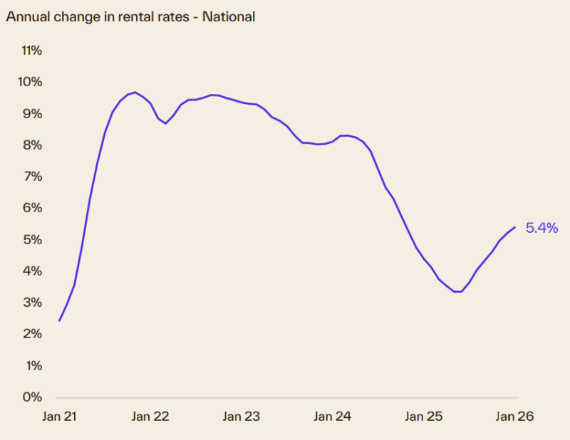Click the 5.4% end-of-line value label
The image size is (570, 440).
(x=541, y=229)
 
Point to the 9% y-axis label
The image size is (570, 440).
(x=32, y=114)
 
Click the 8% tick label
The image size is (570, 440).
(x=32, y=145)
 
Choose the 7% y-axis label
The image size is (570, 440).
(x=32, y=177)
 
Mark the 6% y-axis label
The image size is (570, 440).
(x=32, y=208)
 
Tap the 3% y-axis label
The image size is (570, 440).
(x=32, y=303)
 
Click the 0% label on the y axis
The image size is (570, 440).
(x=32, y=397)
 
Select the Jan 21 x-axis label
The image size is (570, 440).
(x=59, y=417)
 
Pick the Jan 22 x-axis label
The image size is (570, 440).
(x=150, y=417)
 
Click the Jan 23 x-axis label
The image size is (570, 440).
(x=242, y=417)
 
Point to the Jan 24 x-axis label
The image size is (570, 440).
(x=333, y=417)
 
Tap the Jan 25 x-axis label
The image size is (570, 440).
(x=424, y=417)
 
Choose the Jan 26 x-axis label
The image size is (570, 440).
(x=514, y=417)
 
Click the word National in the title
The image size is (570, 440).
(x=229, y=17)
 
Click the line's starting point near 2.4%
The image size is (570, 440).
(x=59, y=320)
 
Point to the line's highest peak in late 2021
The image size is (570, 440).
(x=135, y=92)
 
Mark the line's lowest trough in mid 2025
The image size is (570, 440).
(x=457, y=291)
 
